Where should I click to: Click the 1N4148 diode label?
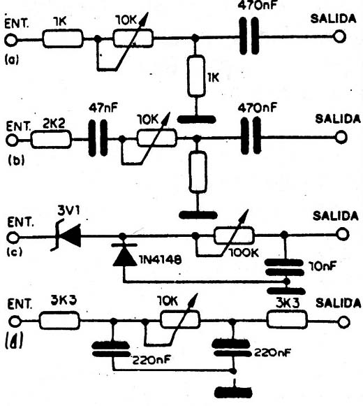[161, 259]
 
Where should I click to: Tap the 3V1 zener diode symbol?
[68, 236]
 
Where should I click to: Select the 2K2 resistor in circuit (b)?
[51, 140]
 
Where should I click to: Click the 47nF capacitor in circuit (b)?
[98, 138]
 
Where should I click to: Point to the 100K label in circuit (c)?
[244, 253]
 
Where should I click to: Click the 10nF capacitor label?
[323, 266]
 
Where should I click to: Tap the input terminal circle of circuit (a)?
[11, 41]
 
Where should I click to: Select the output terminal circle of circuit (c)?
[343, 234]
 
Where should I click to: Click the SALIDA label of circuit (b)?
[338, 119]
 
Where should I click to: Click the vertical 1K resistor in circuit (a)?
[196, 75]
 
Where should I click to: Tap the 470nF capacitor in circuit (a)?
[249, 36]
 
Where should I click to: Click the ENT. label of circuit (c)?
[21, 223]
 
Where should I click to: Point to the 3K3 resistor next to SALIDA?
[287, 320]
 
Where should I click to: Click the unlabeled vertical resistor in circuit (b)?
[198, 172]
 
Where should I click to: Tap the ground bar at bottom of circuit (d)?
[234, 392]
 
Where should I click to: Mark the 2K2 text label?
[53, 125]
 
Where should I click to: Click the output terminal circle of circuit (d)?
[344, 322]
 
